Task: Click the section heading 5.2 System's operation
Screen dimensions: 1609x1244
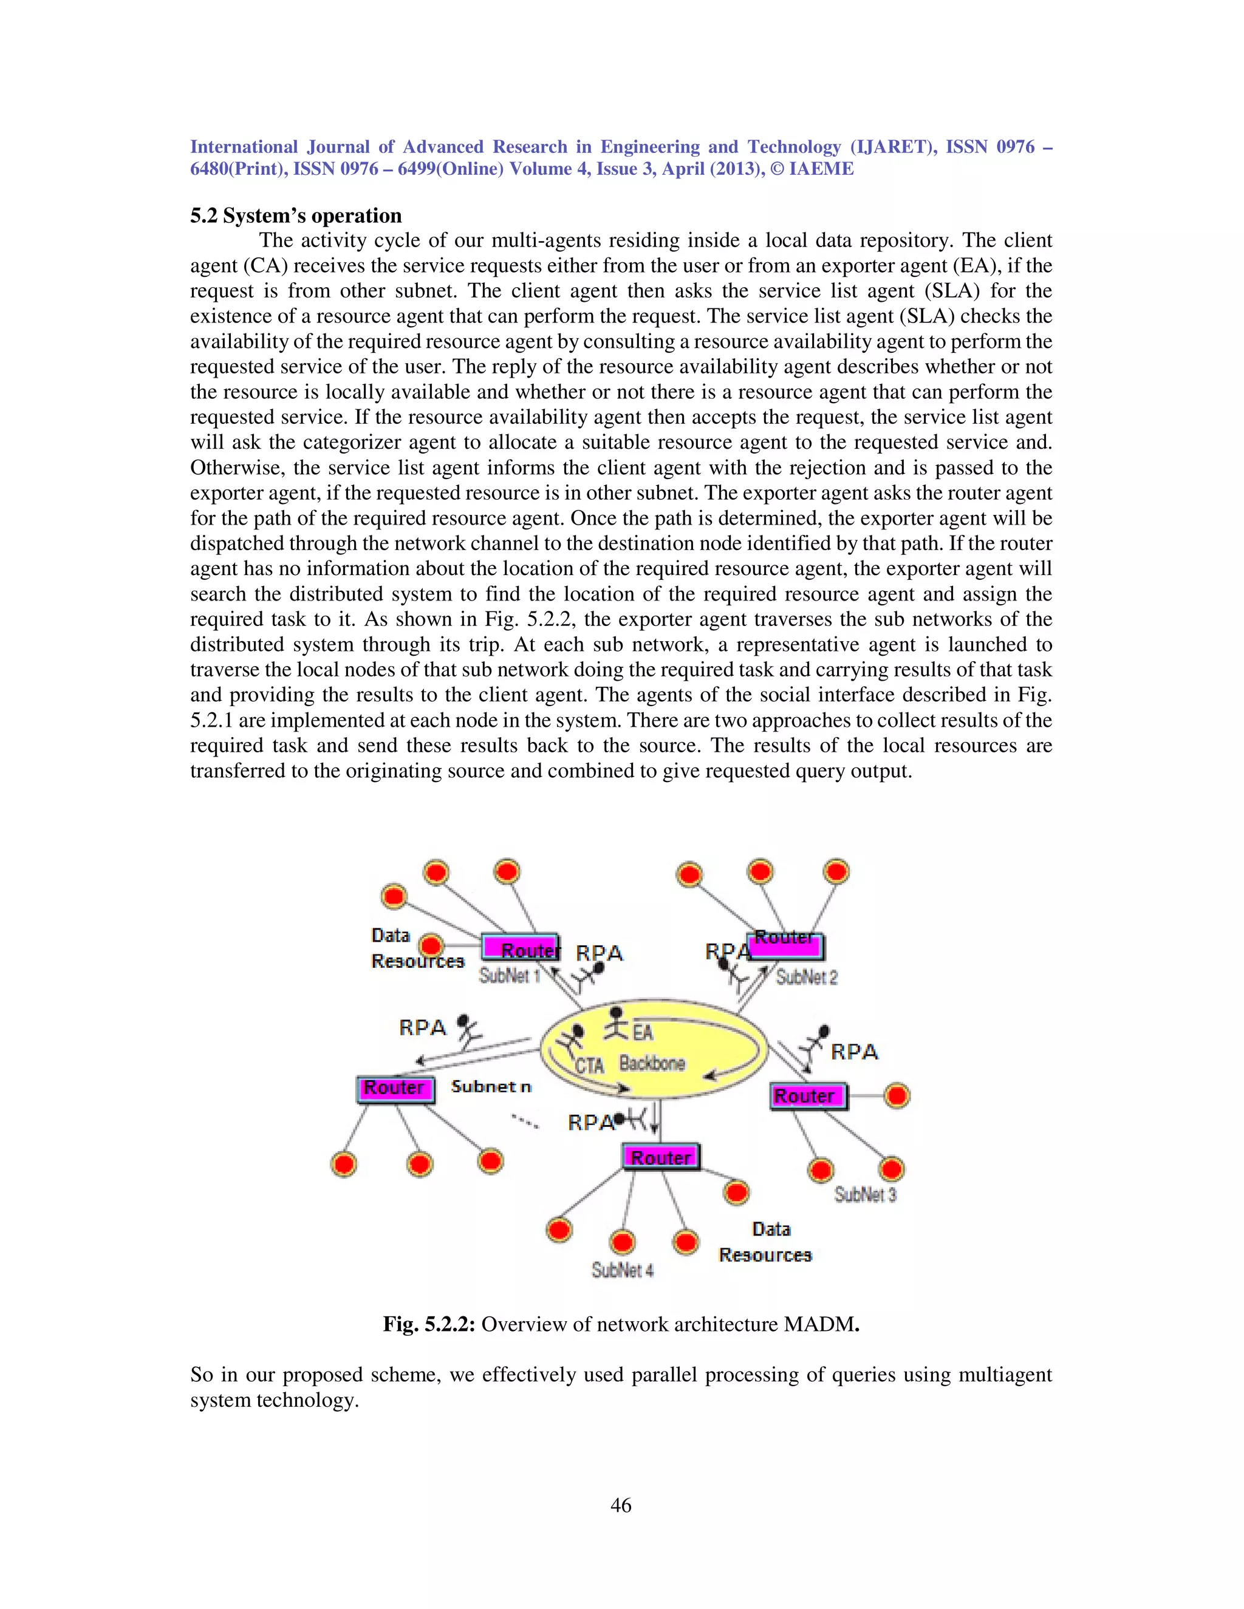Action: [296, 216]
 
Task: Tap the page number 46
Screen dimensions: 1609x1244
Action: [621, 1505]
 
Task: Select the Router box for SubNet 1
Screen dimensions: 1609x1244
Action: [521, 948]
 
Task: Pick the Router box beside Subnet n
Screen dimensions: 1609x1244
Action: [395, 1089]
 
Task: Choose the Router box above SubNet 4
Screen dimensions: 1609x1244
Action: [660, 1157]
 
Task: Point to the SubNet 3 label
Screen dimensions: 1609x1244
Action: [865, 1194]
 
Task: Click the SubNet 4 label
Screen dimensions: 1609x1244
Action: [622, 1270]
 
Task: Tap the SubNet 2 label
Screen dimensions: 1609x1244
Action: [807, 978]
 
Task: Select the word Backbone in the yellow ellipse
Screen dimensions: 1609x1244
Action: [652, 1063]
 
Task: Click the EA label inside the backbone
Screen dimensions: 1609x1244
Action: [643, 1033]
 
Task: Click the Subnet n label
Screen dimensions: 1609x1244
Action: [491, 1087]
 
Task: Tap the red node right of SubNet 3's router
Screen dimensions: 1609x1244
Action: [897, 1095]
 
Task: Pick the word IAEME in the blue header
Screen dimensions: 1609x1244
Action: [821, 169]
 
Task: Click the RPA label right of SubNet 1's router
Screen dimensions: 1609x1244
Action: [599, 953]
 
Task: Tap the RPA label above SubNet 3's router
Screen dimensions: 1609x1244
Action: [854, 1052]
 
